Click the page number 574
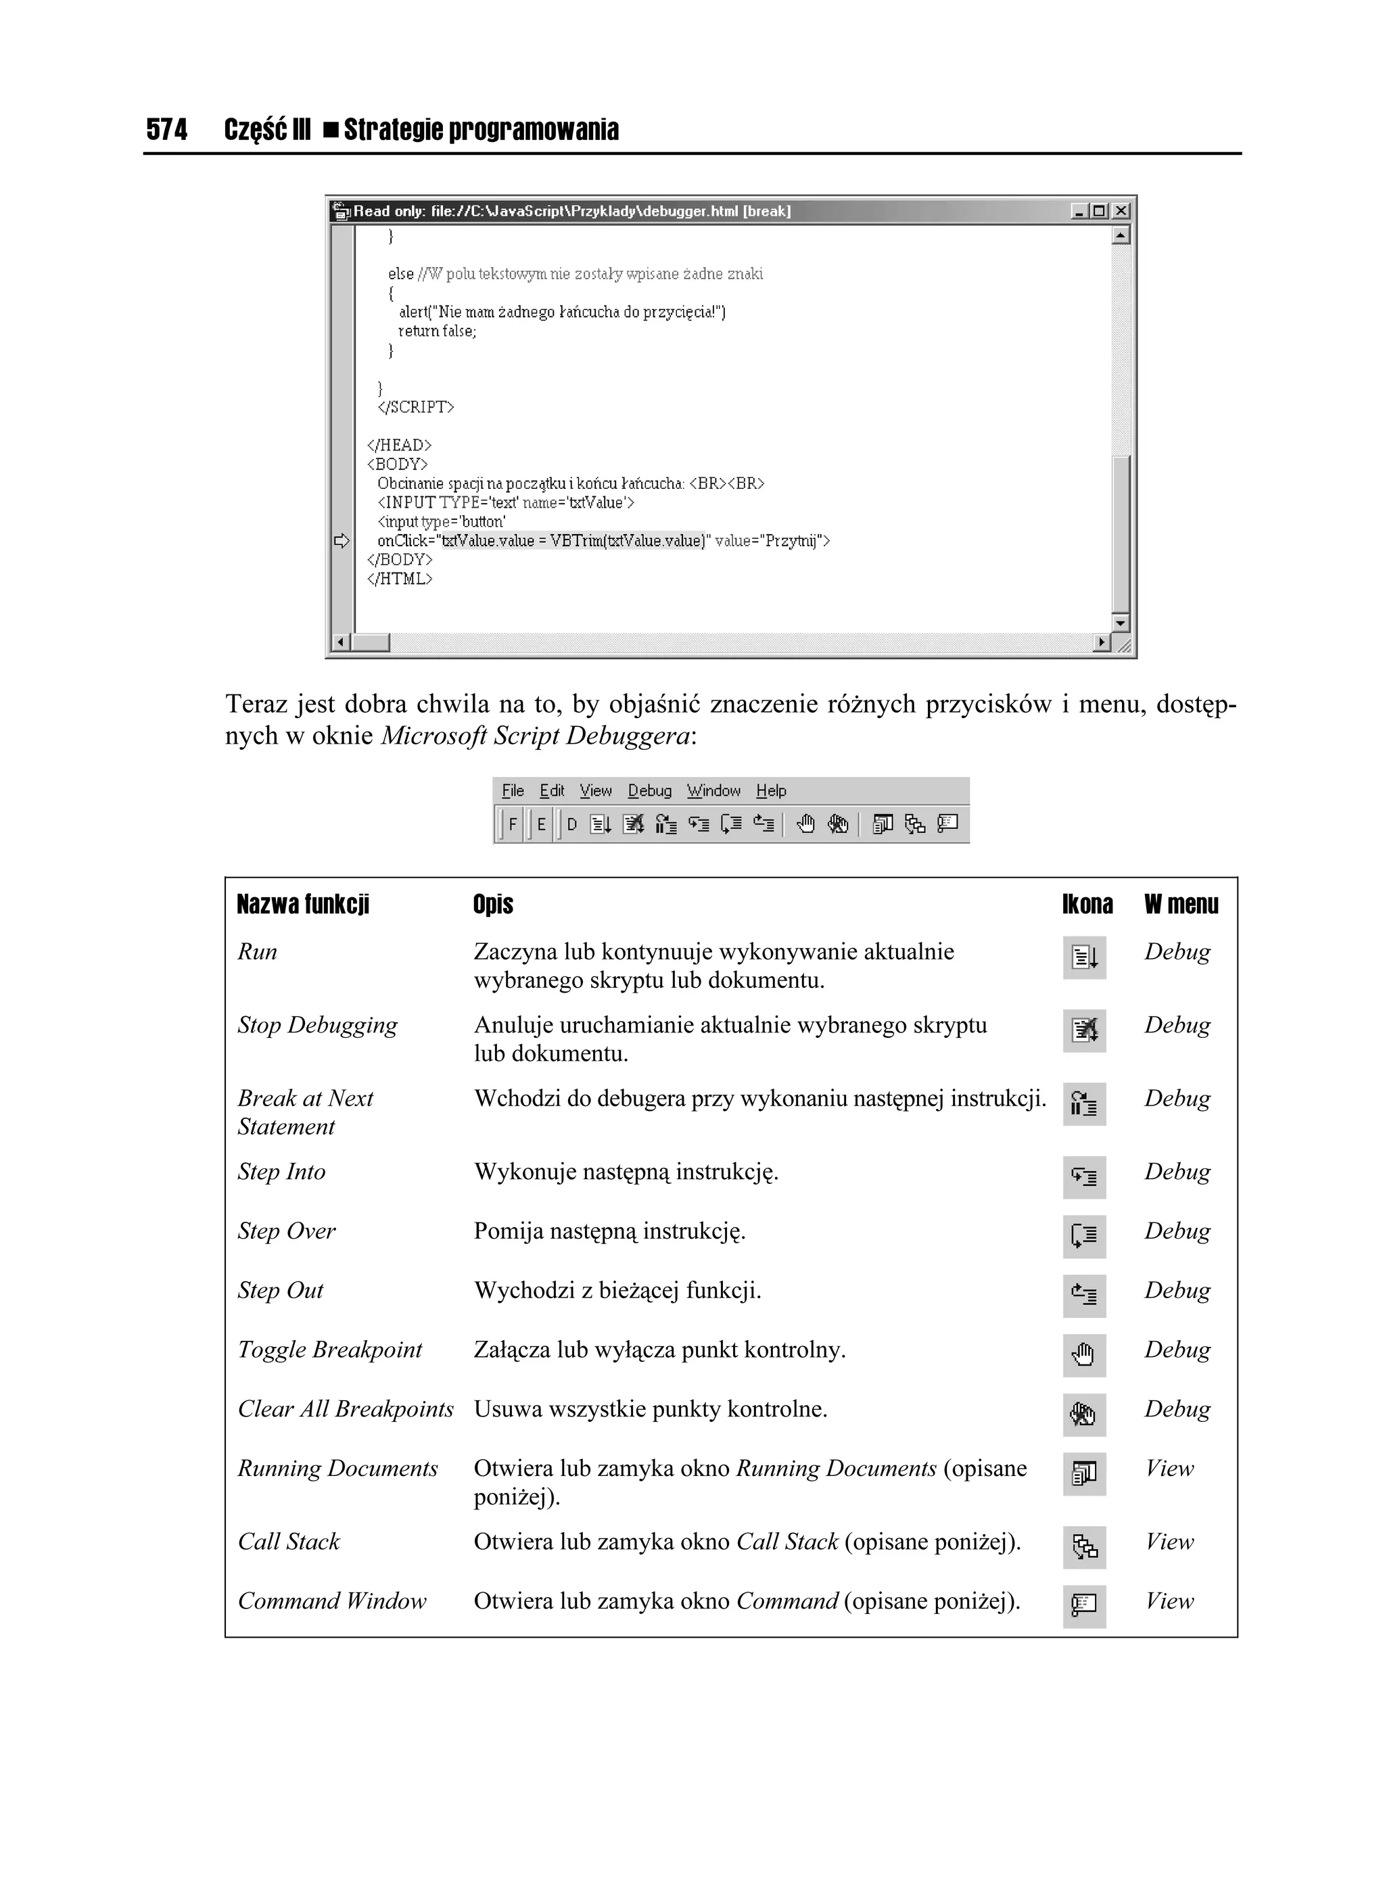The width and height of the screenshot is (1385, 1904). tap(166, 129)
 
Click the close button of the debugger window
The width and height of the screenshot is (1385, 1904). tap(1121, 211)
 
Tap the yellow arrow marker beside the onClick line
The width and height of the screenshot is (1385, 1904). tap(341, 541)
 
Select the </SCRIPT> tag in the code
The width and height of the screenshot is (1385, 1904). tap(416, 407)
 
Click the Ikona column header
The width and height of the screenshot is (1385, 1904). tap(1087, 904)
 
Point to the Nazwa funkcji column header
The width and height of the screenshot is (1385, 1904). tap(302, 904)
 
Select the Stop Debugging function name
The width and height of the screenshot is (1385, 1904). tap(316, 1025)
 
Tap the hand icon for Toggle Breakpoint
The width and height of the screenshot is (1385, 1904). tap(1083, 1355)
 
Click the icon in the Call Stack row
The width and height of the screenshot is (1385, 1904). tap(1083, 1547)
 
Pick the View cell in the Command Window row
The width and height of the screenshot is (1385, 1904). tap(1169, 1601)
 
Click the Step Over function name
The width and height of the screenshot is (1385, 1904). tap(287, 1231)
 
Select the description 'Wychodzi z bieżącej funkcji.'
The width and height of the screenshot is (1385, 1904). tap(617, 1290)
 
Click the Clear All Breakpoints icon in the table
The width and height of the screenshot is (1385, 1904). tap(1083, 1414)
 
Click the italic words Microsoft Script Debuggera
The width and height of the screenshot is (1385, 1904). tap(536, 736)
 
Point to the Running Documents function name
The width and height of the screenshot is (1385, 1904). tap(337, 1469)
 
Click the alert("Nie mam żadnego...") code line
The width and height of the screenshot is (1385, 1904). tap(561, 312)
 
